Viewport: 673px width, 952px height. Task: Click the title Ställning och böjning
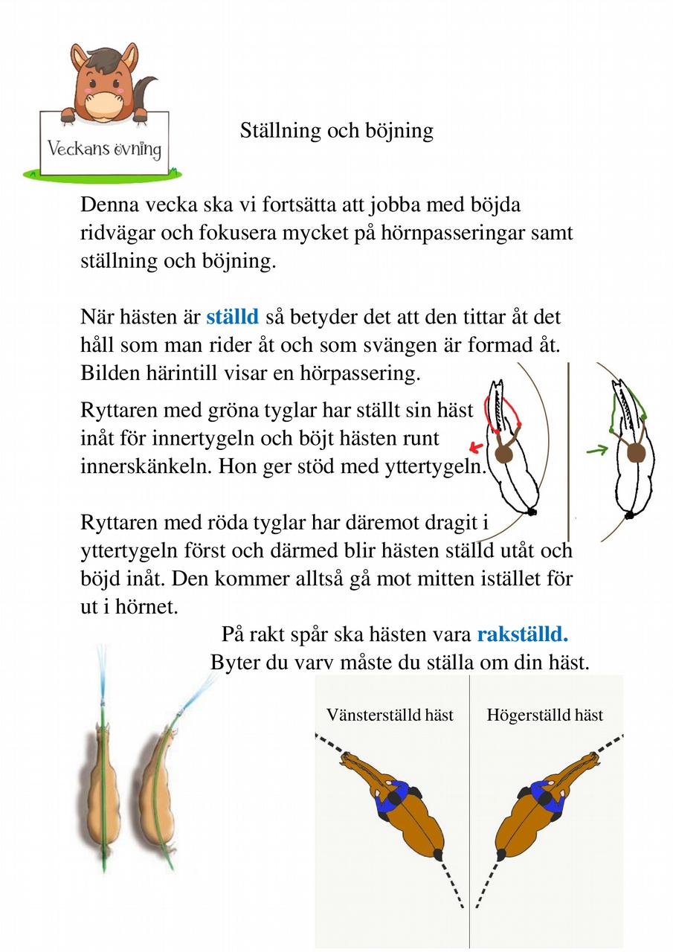pyautogui.click(x=336, y=131)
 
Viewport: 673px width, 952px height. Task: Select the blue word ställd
pyautogui.click(x=232, y=318)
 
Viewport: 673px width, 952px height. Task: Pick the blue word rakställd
pyautogui.click(x=523, y=635)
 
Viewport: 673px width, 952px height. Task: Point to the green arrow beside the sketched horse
pyautogui.click(x=596, y=449)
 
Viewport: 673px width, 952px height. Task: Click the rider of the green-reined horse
pyautogui.click(x=634, y=452)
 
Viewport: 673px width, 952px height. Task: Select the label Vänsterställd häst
pyautogui.click(x=390, y=715)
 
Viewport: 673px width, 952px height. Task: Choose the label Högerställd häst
pyautogui.click(x=544, y=715)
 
